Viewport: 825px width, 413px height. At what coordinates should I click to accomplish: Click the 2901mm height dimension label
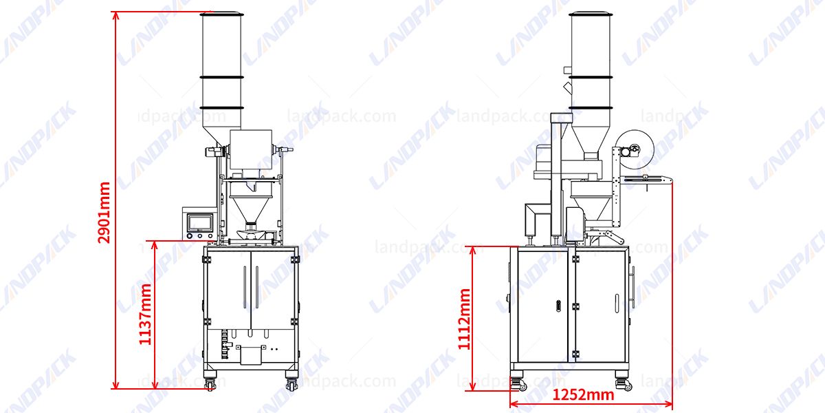click(104, 213)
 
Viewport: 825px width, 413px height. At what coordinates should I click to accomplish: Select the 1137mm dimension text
click(145, 313)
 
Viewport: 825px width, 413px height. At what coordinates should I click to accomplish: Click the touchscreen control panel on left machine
click(199, 222)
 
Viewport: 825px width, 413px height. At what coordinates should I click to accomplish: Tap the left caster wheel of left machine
click(210, 383)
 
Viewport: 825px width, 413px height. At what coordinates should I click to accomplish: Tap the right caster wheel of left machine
click(292, 383)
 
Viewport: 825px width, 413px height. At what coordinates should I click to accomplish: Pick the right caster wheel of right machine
click(624, 383)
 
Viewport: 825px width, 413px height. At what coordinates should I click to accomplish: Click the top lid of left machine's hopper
click(221, 13)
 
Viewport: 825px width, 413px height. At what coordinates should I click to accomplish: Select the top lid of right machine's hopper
click(591, 13)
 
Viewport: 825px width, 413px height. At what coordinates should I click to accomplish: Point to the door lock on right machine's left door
click(559, 305)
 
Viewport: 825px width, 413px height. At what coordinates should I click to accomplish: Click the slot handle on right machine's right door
click(616, 304)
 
